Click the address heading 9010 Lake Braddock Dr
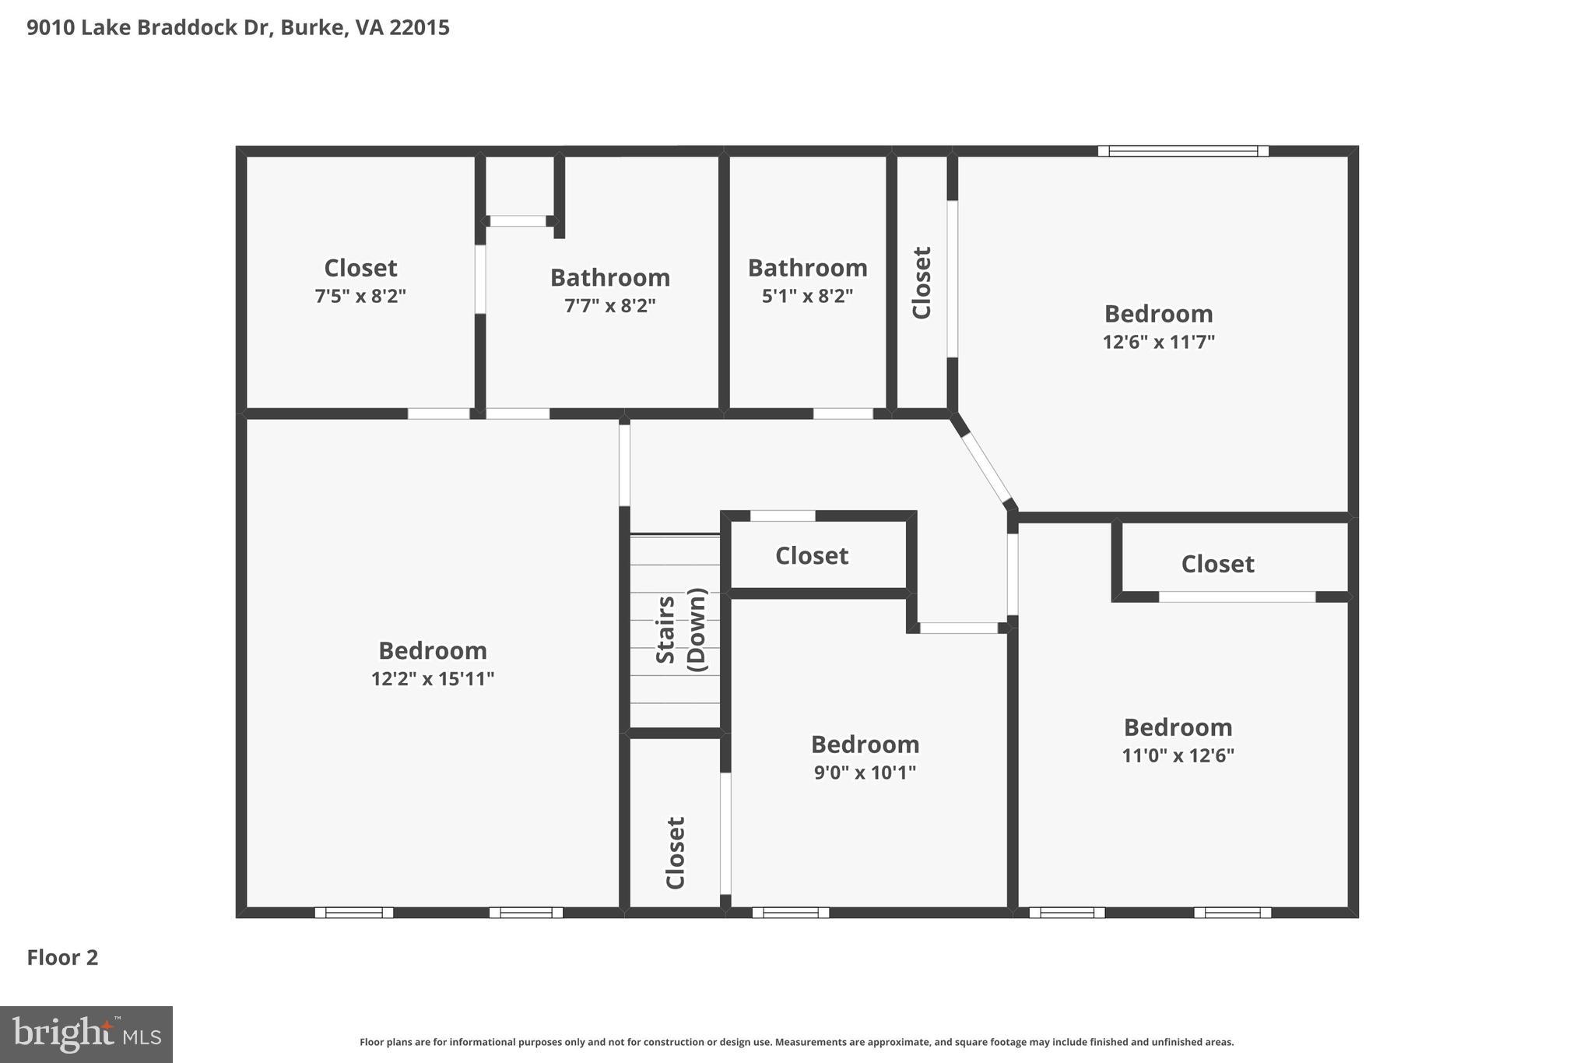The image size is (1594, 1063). click(237, 28)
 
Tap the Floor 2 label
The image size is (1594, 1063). click(62, 957)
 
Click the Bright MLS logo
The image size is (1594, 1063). click(86, 1034)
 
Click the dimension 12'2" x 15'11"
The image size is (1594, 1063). click(433, 679)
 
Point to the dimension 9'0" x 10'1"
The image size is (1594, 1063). click(865, 773)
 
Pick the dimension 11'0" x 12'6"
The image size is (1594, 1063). click(1178, 755)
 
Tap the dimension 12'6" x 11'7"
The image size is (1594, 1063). click(1158, 342)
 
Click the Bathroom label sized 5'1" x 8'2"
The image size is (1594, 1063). click(807, 268)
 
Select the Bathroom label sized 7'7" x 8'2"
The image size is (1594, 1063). click(609, 278)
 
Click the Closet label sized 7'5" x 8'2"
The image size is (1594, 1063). click(360, 268)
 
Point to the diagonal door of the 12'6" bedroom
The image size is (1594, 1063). click(985, 467)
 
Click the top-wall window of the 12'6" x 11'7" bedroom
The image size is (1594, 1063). click(1183, 151)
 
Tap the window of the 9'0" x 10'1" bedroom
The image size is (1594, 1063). click(790, 913)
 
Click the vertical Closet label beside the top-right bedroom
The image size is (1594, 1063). click(922, 283)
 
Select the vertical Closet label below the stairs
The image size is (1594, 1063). click(675, 852)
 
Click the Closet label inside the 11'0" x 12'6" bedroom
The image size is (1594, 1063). click(1217, 564)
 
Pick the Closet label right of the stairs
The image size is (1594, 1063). click(811, 555)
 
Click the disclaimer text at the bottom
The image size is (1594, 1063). click(796, 1042)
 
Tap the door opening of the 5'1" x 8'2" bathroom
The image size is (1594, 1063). click(843, 414)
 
